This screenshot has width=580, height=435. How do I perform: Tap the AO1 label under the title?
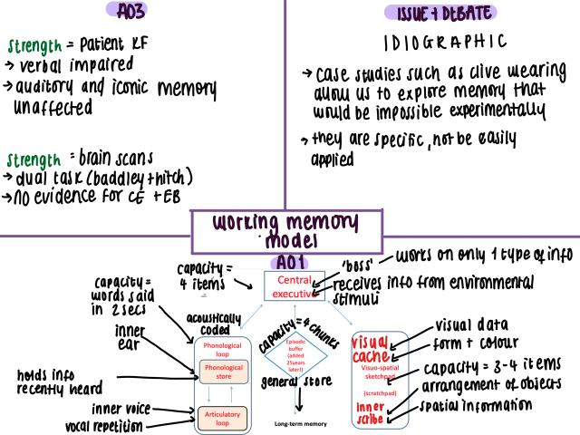point(290,262)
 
